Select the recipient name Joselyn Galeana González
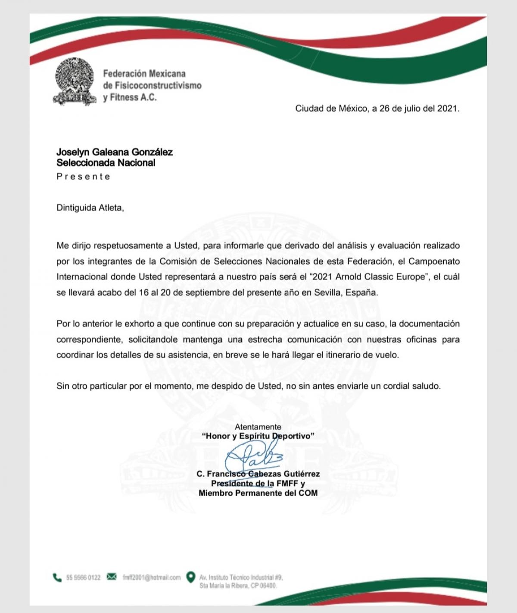[115, 152]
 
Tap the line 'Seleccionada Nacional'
[106, 163]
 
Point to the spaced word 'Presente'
[83, 176]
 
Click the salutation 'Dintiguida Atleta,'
[90, 207]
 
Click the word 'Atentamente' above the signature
[258, 427]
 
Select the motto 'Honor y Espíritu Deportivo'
[258, 436]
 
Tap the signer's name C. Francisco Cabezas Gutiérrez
[258, 474]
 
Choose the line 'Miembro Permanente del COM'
[258, 493]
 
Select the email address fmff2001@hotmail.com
[151, 577]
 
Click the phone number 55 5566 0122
[83, 577]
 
